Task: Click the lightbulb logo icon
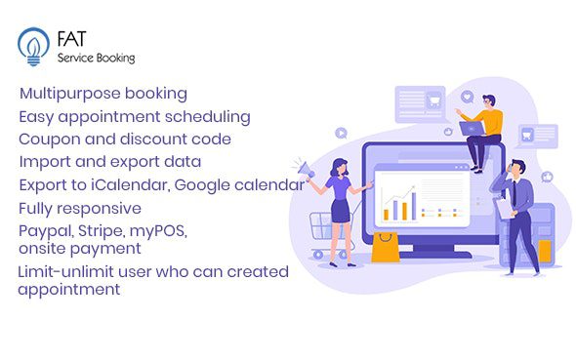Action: [33, 45]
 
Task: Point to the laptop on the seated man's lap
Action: [471, 128]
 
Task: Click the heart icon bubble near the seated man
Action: [467, 98]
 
